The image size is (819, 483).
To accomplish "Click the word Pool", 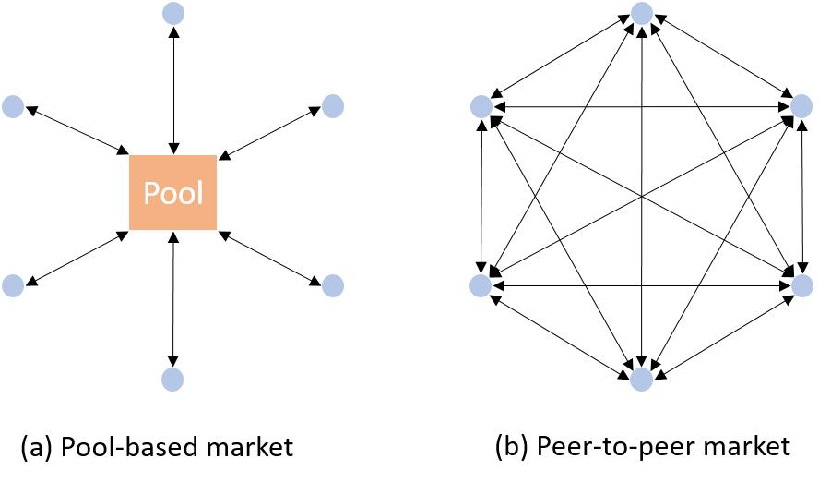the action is pyautogui.click(x=172, y=194).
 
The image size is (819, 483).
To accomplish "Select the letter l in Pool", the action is pyautogui.click(x=199, y=193).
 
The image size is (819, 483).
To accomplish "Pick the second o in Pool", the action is pyautogui.click(x=185, y=196).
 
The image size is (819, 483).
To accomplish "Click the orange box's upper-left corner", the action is pyautogui.click(x=128, y=155).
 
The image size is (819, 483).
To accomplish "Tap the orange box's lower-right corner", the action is pyautogui.click(x=218, y=230).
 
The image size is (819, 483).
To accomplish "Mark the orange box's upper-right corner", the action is pyautogui.click(x=218, y=155).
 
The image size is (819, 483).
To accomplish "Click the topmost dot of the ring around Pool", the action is pyautogui.click(x=172, y=14).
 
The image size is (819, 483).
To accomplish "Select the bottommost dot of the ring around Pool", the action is pyautogui.click(x=172, y=380).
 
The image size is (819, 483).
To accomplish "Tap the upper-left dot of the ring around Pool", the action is pyautogui.click(x=13, y=106).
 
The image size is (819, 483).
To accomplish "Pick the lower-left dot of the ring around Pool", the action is pyautogui.click(x=13, y=285).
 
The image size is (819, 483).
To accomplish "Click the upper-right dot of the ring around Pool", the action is pyautogui.click(x=333, y=106).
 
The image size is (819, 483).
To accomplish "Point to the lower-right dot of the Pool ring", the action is pyautogui.click(x=333, y=285).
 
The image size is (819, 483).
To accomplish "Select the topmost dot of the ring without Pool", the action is pyautogui.click(x=642, y=14).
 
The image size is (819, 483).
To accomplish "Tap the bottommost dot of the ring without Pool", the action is pyautogui.click(x=641, y=380).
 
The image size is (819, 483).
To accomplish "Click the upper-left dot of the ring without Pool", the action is pyautogui.click(x=481, y=106).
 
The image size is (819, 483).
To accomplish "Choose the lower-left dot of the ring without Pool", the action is pyautogui.click(x=481, y=285).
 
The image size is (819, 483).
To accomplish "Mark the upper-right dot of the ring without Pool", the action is pyautogui.click(x=801, y=106).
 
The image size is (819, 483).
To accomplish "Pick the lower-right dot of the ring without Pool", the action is pyautogui.click(x=802, y=285).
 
